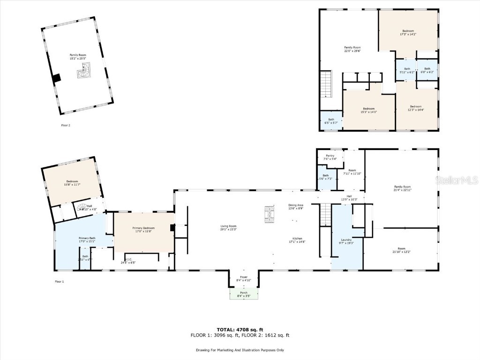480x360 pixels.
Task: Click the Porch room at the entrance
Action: (x=244, y=294)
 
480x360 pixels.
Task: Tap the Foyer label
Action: (x=244, y=278)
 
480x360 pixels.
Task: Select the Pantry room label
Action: (x=330, y=157)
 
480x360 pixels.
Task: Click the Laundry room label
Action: (x=346, y=241)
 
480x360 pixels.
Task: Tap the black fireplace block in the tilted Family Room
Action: (x=57, y=78)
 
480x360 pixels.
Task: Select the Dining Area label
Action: (x=296, y=207)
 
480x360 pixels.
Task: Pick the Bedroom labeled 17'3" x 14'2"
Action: (x=408, y=32)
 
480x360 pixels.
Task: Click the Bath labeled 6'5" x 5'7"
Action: (x=331, y=121)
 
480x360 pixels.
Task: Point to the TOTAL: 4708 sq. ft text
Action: (x=240, y=330)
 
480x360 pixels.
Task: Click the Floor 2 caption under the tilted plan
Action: (x=66, y=125)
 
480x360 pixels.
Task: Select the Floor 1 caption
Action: (x=59, y=281)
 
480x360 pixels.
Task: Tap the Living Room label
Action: (x=229, y=227)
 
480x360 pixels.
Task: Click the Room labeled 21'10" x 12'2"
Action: (x=401, y=250)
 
